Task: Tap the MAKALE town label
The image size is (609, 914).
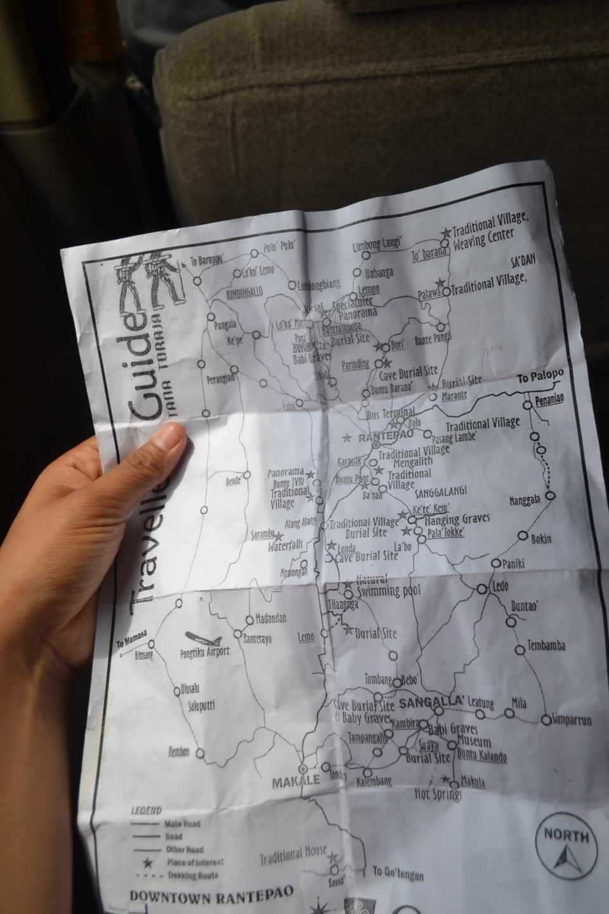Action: pyautogui.click(x=296, y=782)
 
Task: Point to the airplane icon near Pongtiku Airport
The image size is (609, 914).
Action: pyautogui.click(x=203, y=638)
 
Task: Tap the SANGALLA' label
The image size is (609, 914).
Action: pyautogui.click(x=433, y=701)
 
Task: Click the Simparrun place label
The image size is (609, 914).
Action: pyautogui.click(x=572, y=720)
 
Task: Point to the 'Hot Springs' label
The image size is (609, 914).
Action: pyautogui.click(x=438, y=794)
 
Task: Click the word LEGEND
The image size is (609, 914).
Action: pyautogui.click(x=146, y=811)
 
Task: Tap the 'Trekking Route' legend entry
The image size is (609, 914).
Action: pyautogui.click(x=192, y=876)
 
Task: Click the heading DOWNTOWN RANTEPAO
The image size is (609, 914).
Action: pyautogui.click(x=211, y=895)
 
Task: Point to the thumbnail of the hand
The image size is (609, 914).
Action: pyautogui.click(x=168, y=439)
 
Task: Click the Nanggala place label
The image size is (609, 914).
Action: pyautogui.click(x=525, y=500)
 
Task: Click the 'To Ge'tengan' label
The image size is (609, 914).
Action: pyautogui.click(x=398, y=874)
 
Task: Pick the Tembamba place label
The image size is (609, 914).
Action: pyautogui.click(x=546, y=646)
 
